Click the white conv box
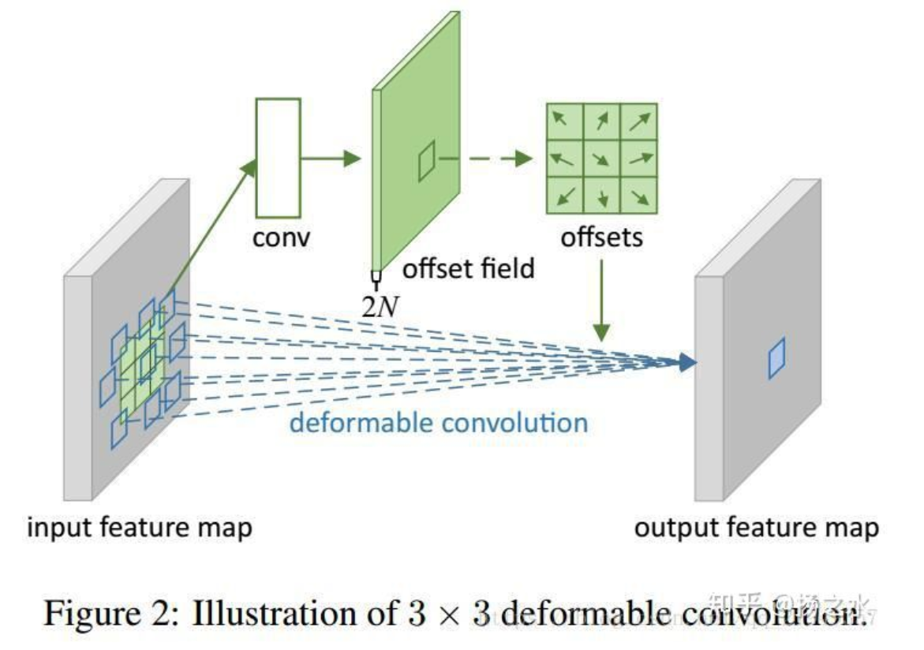pos(278,158)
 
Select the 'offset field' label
pos(469,268)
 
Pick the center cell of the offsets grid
pos(602,159)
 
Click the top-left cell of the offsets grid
pos(564,121)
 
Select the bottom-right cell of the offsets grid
pos(640,196)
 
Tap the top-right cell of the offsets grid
pos(640,121)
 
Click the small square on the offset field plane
pos(426,161)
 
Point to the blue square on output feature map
pos(777,357)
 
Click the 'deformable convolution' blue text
pos(439,422)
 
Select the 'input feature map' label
pos(140,527)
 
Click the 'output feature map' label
pos(756,527)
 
